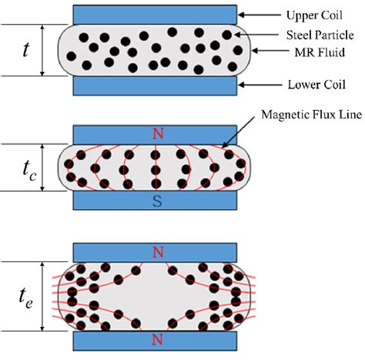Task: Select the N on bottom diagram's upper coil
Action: coord(157,252)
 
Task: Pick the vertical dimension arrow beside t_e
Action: coord(43,294)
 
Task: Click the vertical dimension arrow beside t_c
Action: coord(43,167)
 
